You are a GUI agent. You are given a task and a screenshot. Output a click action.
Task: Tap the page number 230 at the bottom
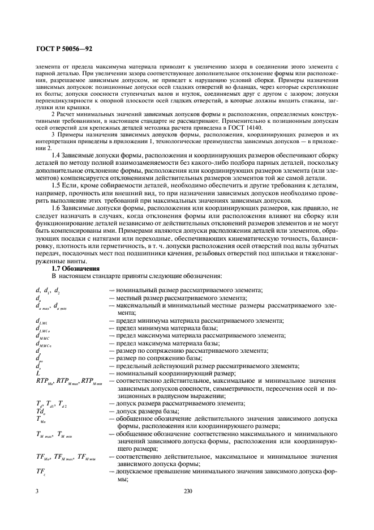(188, 491)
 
